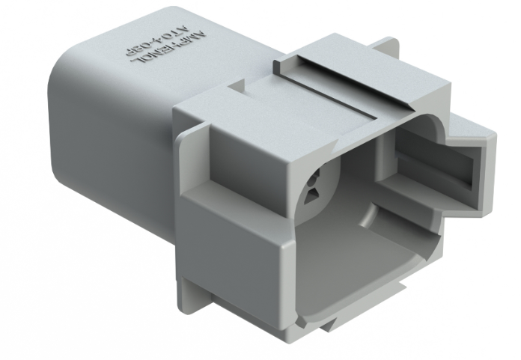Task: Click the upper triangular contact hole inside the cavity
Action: pyautogui.click(x=314, y=177)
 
